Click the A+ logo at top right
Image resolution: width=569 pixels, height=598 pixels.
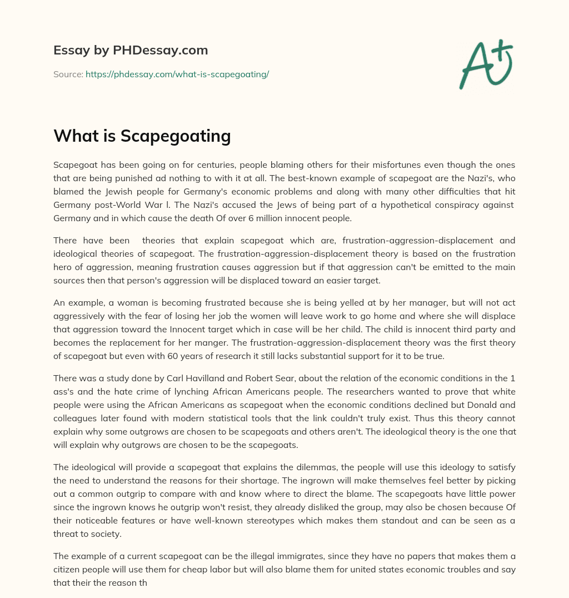[x=486, y=65]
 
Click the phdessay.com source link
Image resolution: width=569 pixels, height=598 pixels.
[x=177, y=74]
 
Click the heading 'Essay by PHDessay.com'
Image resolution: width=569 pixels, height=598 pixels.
[x=131, y=51]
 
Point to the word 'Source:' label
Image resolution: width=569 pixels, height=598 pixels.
[x=68, y=74]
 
